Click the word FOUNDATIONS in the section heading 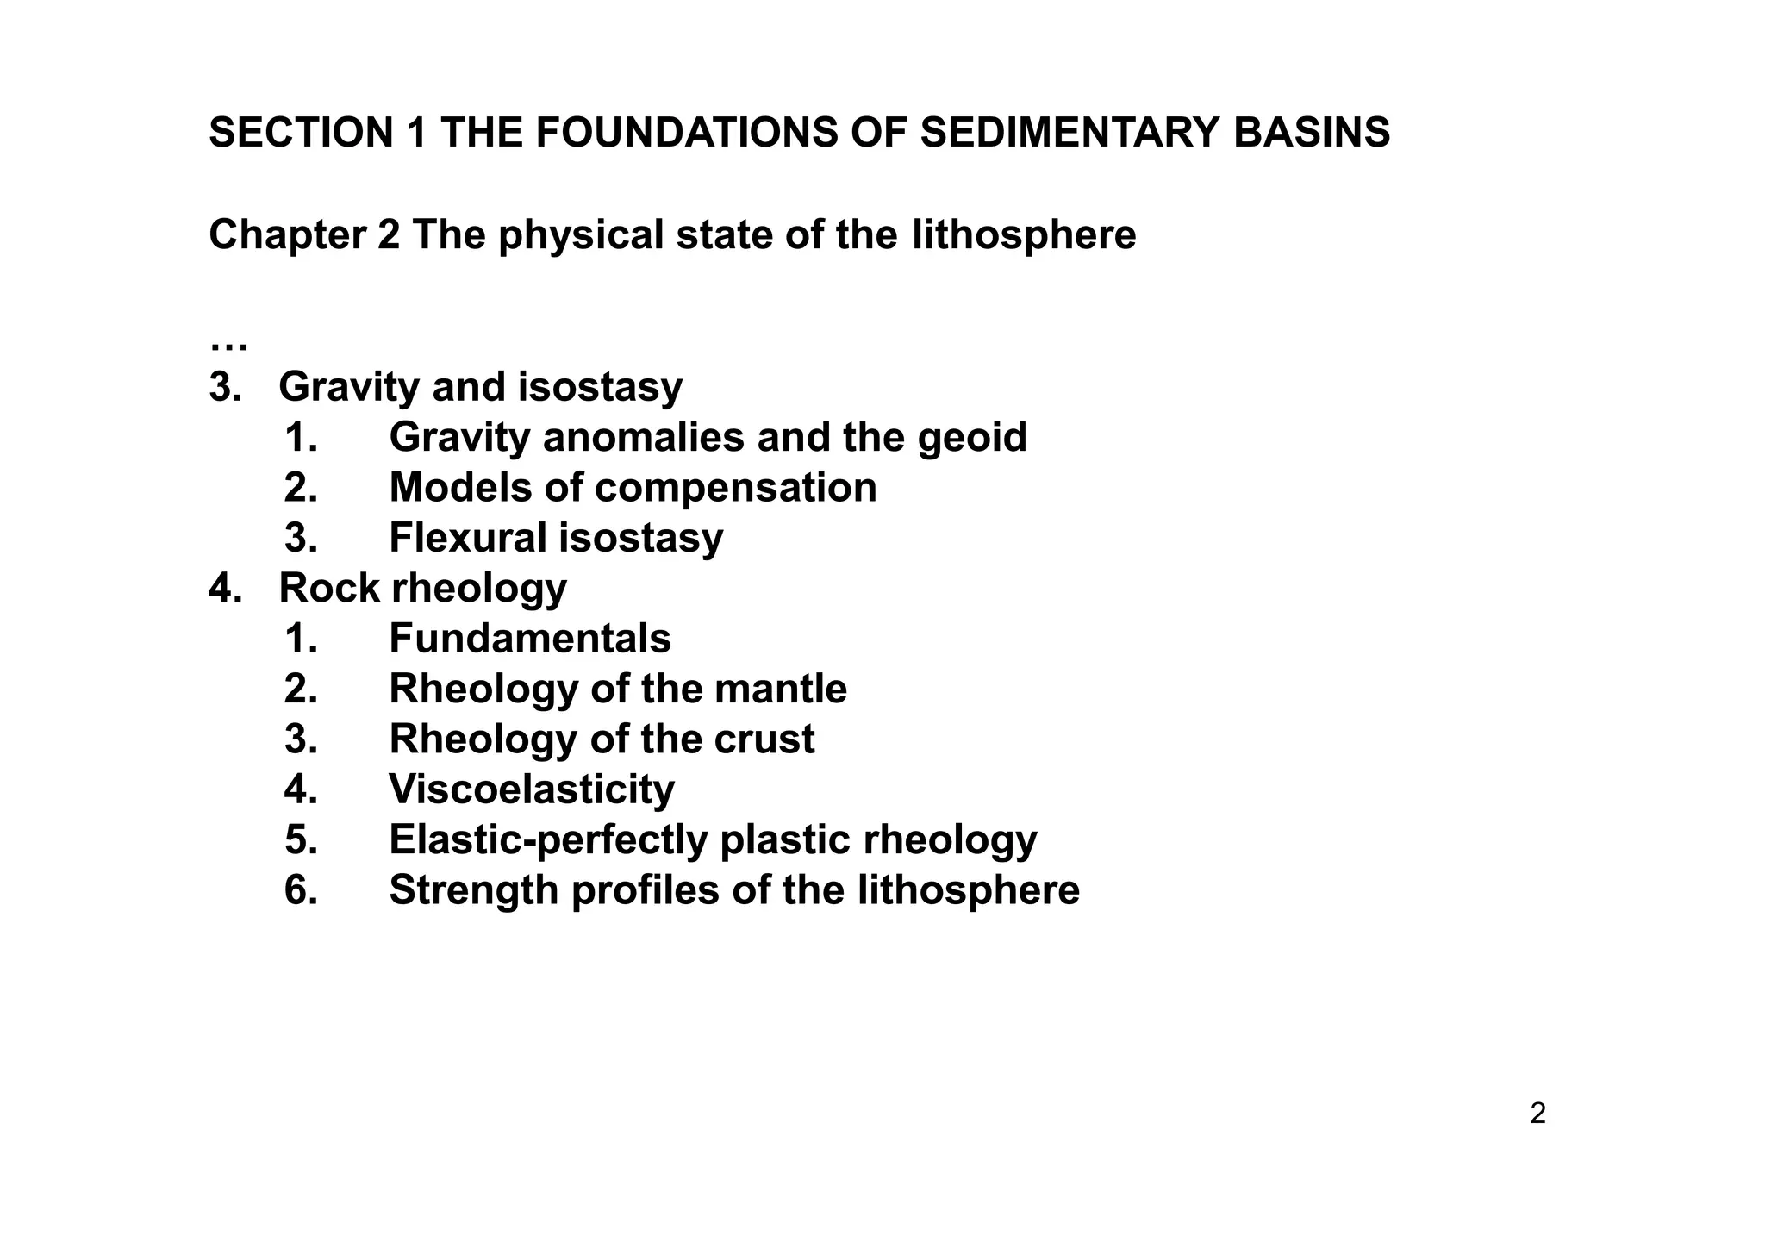click(684, 134)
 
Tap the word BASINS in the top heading click(1311, 134)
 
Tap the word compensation click(736, 488)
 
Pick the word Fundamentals click(529, 639)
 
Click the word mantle click(780, 690)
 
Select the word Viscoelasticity click(531, 789)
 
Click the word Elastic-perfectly click(548, 840)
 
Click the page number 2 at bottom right click(1537, 1114)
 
